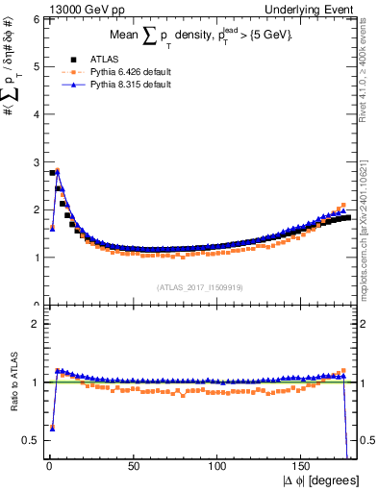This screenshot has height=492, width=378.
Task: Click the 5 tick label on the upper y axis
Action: [35, 66]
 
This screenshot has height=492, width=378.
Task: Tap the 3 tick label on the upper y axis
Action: [35, 161]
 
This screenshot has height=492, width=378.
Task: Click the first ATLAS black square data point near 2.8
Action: [51, 173]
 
